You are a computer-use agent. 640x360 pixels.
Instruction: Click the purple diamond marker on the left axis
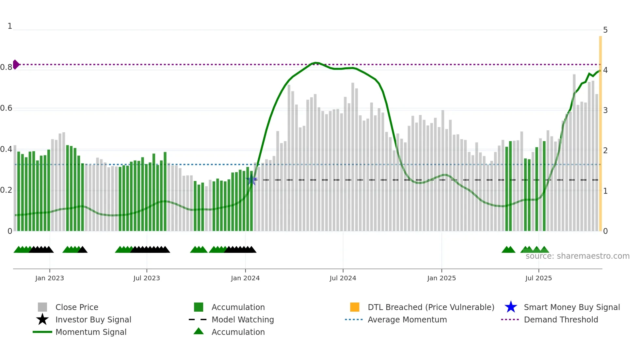point(16,64)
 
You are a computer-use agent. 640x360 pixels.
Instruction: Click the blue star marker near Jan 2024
point(251,180)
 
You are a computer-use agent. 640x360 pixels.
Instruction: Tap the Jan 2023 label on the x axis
point(50,278)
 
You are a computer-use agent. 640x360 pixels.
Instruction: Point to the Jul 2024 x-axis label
point(343,278)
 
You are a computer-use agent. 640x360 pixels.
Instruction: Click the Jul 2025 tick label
point(538,278)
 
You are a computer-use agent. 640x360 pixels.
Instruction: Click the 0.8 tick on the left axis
point(6,67)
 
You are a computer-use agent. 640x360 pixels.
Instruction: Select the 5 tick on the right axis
point(605,30)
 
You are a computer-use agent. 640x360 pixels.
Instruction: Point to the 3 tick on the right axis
point(605,110)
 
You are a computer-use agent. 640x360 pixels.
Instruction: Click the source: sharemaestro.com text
point(577,256)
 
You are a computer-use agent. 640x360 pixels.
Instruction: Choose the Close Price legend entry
point(77,307)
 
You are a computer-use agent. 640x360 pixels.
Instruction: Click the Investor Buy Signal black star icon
point(42,319)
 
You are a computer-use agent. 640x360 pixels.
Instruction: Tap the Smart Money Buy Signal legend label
point(572,307)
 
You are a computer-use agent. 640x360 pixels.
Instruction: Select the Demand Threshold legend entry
point(561,319)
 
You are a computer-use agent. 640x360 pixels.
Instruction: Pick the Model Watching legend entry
point(243,319)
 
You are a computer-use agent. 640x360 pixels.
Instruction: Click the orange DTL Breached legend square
point(355,307)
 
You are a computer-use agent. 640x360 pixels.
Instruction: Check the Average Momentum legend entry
point(407,319)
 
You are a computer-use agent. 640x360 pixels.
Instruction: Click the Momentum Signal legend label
point(91,332)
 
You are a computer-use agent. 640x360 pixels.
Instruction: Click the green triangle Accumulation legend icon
point(199,331)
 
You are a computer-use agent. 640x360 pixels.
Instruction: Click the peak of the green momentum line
point(315,62)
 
